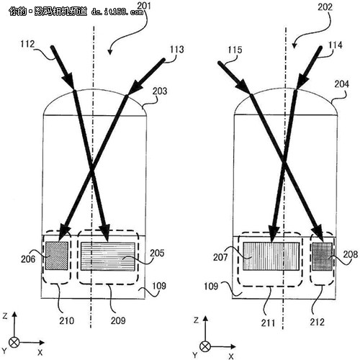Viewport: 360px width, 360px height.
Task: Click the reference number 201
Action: pos(144,6)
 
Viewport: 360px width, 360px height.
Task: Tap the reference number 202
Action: pos(325,7)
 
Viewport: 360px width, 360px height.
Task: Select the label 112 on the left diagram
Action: pos(27,44)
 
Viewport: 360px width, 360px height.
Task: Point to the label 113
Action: pos(177,49)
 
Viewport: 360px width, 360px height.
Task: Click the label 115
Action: pos(235,50)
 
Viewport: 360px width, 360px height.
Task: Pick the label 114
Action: pos(335,45)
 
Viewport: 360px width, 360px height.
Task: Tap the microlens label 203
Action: pos(160,91)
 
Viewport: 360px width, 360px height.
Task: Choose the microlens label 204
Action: pos(342,84)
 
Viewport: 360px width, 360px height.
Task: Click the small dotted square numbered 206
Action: pos(57,256)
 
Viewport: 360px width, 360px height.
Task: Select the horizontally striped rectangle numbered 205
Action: pos(108,256)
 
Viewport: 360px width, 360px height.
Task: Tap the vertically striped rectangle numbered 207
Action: pos(271,256)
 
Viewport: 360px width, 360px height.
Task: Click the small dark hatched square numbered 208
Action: pos(323,256)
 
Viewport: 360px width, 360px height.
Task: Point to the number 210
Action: pos(67,320)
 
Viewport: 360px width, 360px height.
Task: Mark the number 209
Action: pos(118,320)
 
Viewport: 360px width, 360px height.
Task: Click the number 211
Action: pos(268,323)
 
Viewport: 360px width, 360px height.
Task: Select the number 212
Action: pos(317,322)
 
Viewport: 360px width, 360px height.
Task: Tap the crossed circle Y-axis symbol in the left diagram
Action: pos(14,342)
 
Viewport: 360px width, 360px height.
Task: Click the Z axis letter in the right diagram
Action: pos(196,320)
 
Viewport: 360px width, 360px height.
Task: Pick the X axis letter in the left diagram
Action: pos(40,352)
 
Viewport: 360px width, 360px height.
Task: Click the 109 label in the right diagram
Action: pos(211,286)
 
